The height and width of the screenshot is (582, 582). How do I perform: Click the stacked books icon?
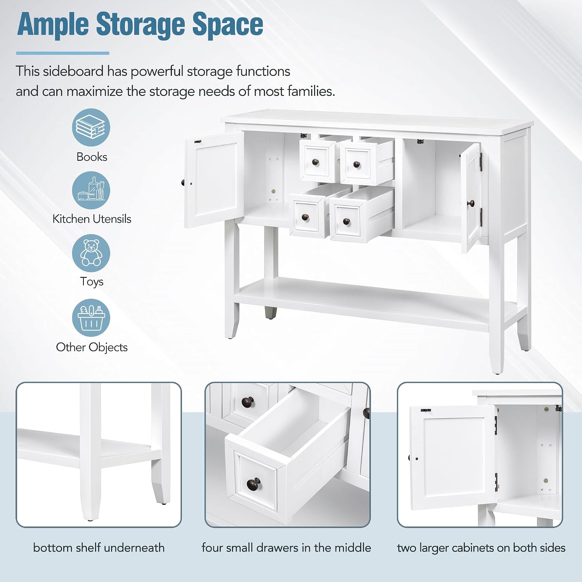91,127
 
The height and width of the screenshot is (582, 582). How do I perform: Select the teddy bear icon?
91,253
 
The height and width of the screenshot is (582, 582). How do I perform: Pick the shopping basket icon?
91,318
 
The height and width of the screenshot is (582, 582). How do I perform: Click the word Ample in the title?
53,25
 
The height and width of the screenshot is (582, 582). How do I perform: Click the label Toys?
92,281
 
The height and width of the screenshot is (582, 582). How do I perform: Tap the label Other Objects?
92,347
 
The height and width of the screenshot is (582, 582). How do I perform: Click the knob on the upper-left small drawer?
315,162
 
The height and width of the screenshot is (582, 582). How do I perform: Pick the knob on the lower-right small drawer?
346,222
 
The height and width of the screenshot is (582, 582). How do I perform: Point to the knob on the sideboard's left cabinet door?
182,182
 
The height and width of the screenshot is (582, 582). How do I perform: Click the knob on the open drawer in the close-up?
253,484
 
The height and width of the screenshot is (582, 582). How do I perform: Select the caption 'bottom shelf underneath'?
99,547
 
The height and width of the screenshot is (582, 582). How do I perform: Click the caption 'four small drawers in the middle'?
286,547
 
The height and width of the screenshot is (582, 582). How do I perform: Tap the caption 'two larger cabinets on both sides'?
481,547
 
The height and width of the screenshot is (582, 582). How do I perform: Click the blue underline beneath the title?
62,53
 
